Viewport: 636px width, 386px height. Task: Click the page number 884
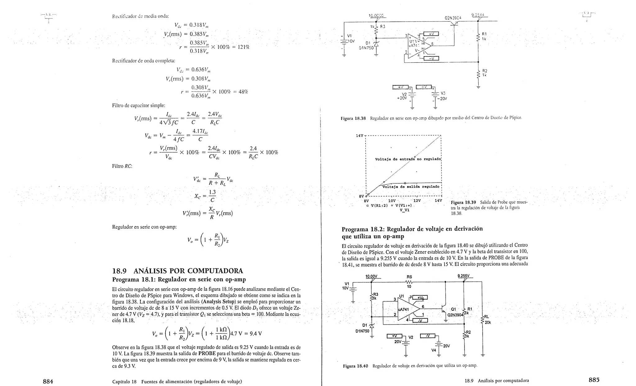48,381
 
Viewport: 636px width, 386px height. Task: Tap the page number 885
594,379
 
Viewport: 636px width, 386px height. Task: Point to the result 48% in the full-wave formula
243,92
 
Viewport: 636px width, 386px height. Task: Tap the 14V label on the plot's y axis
359,136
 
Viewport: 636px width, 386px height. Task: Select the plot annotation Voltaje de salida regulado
411,187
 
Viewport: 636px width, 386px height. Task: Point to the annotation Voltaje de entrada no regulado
408,159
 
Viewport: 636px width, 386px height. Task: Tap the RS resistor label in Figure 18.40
409,277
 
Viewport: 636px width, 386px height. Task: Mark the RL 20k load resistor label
487,320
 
